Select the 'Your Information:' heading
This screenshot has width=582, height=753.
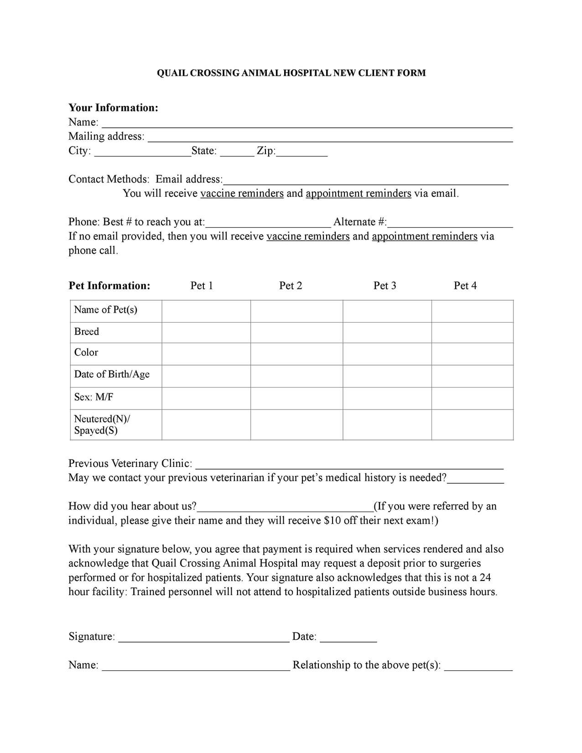point(113,108)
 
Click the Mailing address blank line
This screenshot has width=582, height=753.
point(330,138)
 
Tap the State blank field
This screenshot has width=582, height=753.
point(237,153)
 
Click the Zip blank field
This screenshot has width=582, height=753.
point(302,153)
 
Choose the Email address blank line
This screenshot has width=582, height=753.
point(365,181)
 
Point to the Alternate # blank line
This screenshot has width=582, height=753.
point(450,224)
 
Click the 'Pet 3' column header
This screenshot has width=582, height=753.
point(385,286)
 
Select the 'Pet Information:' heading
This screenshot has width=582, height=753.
point(109,286)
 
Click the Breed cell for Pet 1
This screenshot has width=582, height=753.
point(206,332)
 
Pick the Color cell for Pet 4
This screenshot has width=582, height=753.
point(472,354)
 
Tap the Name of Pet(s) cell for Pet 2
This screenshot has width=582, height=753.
point(296,311)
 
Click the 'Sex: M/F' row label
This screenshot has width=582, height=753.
point(94,397)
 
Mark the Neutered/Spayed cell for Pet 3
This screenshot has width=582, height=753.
point(387,424)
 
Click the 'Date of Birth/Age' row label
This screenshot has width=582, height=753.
point(112,375)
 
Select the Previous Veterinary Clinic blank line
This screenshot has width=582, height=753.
point(349,465)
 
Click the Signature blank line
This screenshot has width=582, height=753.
point(203,638)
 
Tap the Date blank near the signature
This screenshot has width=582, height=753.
point(348,638)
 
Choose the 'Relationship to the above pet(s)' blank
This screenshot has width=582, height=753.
point(478,667)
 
